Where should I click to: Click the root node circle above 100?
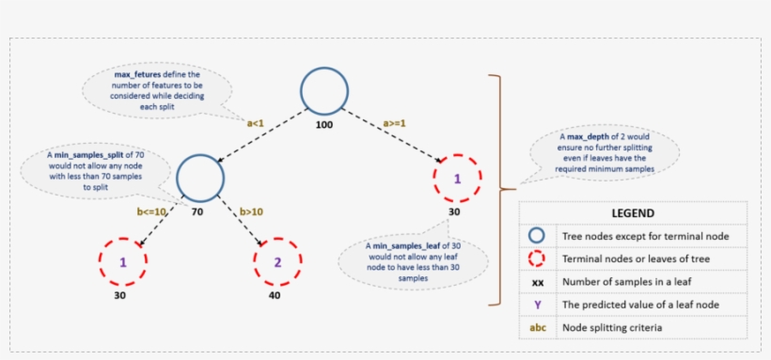324,91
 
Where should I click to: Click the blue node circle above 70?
200,176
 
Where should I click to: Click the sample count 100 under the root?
324,125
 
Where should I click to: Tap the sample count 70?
197,212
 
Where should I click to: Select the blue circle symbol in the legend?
537,237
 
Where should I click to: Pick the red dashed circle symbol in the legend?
537,259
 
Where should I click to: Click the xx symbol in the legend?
537,282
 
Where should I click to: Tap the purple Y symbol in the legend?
537,305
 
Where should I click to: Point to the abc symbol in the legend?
537,327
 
